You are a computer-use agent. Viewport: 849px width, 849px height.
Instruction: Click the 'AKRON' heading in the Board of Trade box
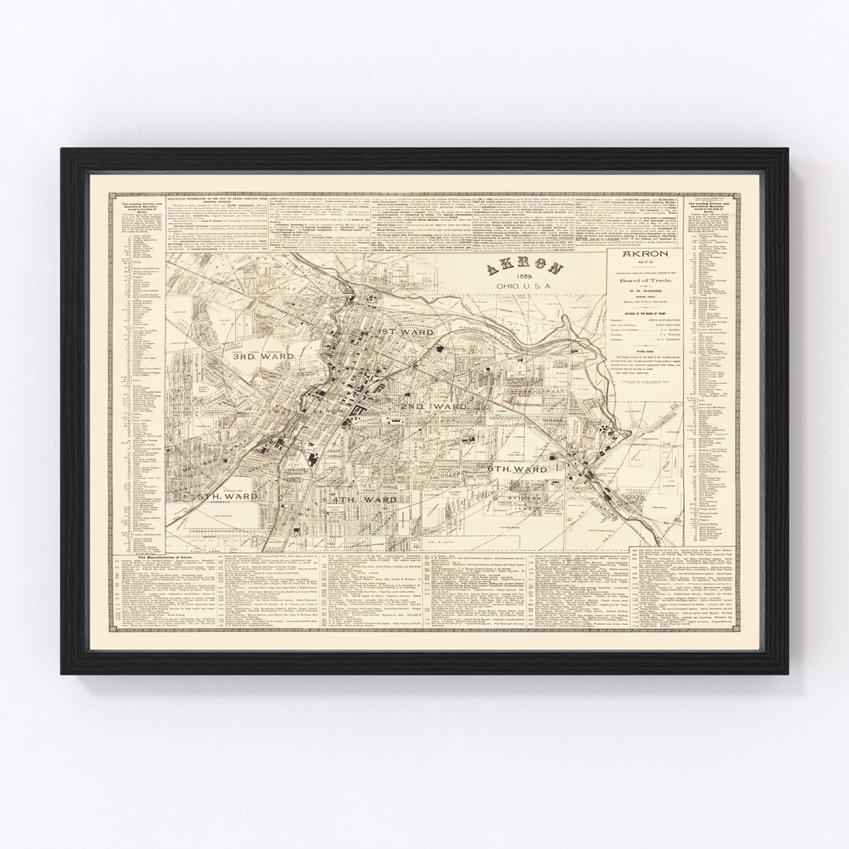click(x=645, y=256)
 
